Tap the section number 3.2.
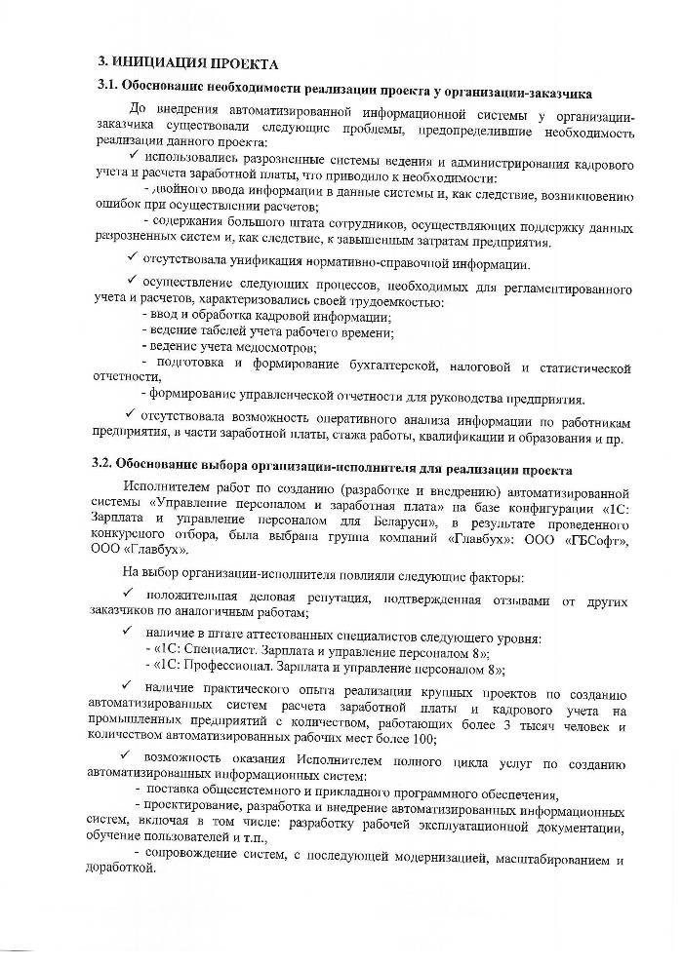coord(110,462)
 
